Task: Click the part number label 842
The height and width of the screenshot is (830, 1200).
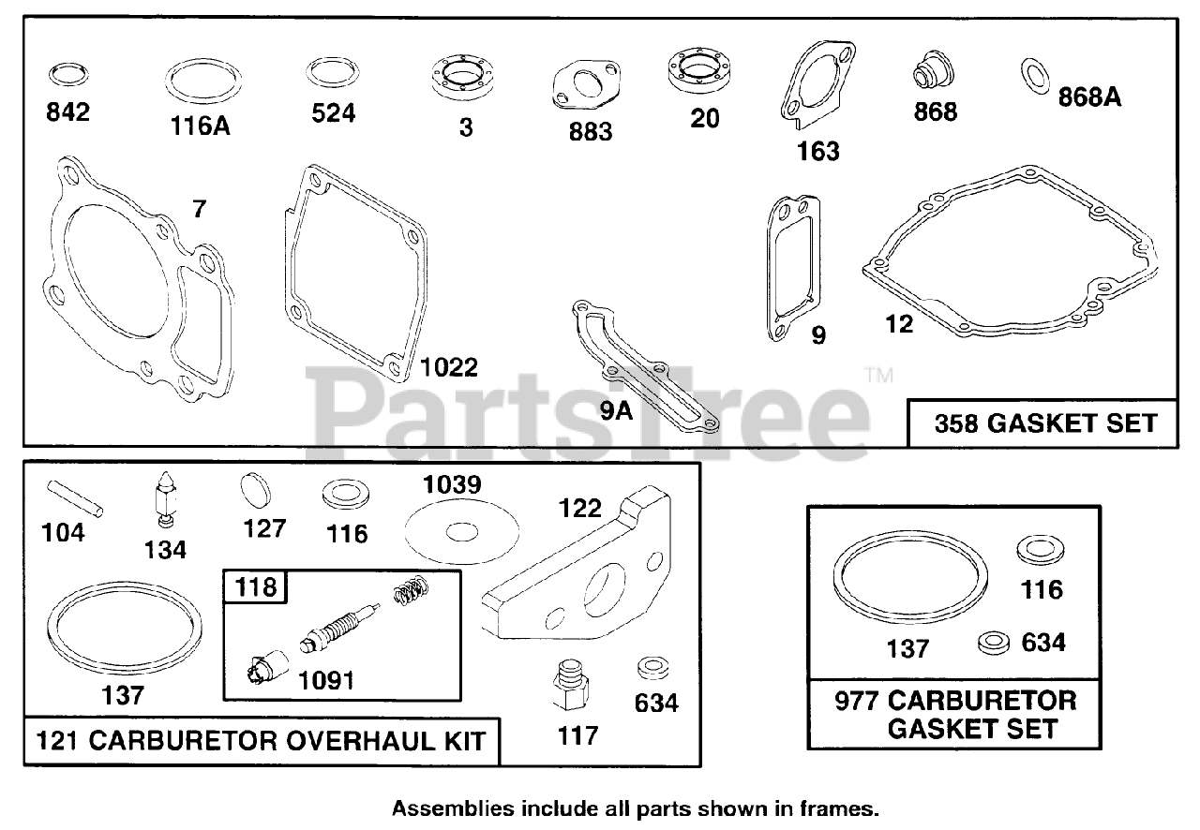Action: (68, 112)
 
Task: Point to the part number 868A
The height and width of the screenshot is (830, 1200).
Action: (1089, 96)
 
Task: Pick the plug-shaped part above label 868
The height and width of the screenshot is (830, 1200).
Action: (933, 73)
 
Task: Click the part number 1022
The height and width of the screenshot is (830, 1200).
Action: (448, 366)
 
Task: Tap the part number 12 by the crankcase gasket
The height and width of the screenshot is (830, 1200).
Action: (898, 324)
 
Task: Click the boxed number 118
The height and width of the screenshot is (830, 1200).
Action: (256, 586)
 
